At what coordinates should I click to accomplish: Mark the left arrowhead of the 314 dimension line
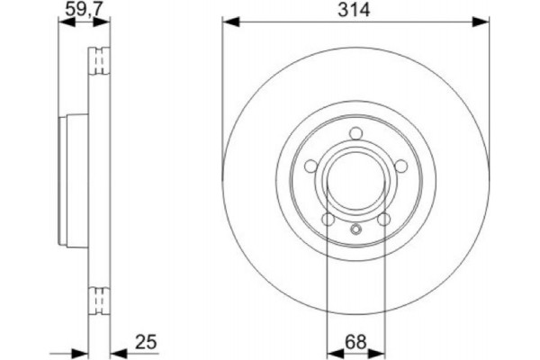pyautogui.click(x=227, y=21)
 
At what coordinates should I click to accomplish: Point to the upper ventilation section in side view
pyautogui.click(x=100, y=63)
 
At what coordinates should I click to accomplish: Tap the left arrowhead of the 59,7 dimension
pyautogui.click(x=61, y=21)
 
